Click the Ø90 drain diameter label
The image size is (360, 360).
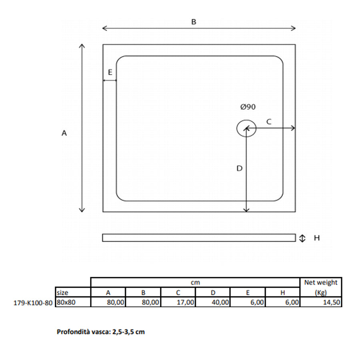[248, 107]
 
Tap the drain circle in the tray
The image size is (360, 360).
[246, 128]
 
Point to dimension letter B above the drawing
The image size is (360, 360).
[194, 22]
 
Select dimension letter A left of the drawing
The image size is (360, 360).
[64, 134]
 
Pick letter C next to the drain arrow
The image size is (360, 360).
[269, 122]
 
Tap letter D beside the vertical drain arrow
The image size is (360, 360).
[239, 168]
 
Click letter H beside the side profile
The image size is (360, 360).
[317, 238]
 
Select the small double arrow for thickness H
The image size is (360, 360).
[303, 238]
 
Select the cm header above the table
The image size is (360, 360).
[195, 282]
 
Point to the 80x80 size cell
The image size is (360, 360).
[66, 302]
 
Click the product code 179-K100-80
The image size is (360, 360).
[32, 303]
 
